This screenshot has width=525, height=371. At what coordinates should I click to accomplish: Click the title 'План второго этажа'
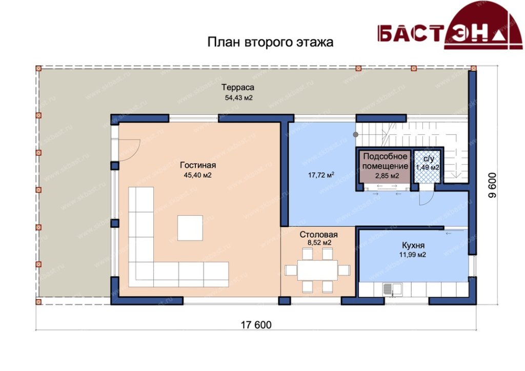tap(270, 43)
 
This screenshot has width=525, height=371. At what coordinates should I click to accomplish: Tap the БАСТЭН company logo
tap(450, 26)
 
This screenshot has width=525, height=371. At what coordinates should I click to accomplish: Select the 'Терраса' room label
tap(238, 87)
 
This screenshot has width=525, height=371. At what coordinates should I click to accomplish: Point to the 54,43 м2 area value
tap(239, 98)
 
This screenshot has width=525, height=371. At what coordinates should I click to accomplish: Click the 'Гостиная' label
tap(198, 165)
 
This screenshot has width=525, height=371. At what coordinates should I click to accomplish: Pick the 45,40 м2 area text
tap(197, 175)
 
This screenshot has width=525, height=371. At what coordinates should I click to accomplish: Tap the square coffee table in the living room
tap(190, 228)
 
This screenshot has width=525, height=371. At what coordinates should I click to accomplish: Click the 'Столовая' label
tap(318, 235)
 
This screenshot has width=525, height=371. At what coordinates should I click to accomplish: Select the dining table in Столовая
tap(317, 270)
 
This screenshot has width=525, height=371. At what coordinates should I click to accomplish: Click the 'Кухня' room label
tap(413, 245)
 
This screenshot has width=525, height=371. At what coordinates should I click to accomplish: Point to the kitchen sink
tap(392, 290)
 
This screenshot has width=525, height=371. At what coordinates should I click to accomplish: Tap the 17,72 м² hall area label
tap(321, 175)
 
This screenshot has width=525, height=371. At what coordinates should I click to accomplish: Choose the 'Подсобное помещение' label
tap(386, 161)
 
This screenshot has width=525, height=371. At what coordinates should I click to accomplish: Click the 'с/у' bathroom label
tap(428, 158)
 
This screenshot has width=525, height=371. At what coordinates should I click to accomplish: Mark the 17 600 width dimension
tap(256, 324)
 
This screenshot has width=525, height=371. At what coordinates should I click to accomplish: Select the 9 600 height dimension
tap(492, 185)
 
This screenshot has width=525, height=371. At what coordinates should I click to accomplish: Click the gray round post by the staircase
tap(356, 134)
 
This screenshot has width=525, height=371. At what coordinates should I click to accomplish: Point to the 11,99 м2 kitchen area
tap(413, 255)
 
